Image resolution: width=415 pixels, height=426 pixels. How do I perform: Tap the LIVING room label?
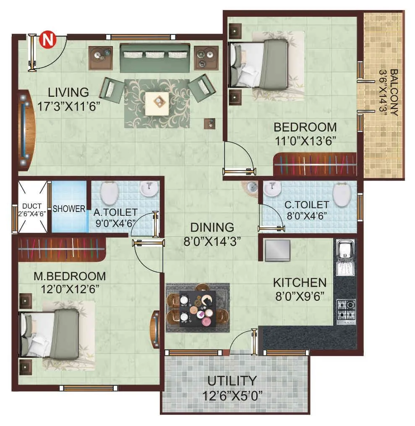click(68, 92)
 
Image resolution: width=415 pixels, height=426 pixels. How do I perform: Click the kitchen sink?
click(345, 251)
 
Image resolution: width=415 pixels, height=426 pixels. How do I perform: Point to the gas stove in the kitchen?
click(346, 310)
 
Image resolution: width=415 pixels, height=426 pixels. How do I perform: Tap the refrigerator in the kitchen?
click(277, 250)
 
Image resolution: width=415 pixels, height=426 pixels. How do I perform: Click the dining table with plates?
click(198, 308)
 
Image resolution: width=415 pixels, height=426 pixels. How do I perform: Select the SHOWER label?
click(69, 209)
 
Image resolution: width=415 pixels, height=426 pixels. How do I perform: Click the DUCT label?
click(31, 206)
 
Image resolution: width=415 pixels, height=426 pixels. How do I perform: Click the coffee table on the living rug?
click(158, 101)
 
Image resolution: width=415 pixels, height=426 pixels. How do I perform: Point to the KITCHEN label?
click(299, 282)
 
